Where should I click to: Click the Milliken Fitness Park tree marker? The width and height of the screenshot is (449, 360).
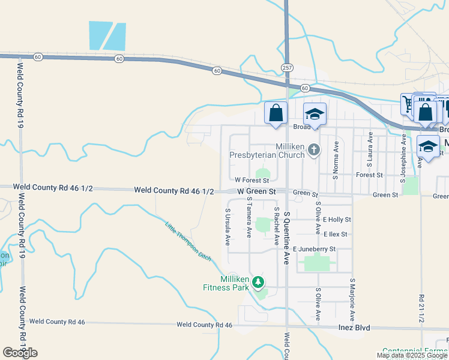click(258, 281)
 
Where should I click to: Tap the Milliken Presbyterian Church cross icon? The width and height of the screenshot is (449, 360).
click(313, 150)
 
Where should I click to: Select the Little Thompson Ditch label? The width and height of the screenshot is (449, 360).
click(188, 241)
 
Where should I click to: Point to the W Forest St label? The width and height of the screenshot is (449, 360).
click(252, 179)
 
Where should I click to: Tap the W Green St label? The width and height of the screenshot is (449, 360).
click(256, 191)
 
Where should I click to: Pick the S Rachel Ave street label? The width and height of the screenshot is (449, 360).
click(277, 226)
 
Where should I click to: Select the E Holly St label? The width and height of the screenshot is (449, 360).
click(336, 220)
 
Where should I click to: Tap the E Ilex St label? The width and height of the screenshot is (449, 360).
click(335, 234)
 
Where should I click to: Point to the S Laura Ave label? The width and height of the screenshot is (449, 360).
click(370, 151)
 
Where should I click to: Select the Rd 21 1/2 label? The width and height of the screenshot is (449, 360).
click(421, 309)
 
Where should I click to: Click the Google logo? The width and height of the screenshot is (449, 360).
click(20, 353)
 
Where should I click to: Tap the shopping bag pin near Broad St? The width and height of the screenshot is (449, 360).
click(276, 113)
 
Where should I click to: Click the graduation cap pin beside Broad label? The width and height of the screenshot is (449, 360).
click(315, 113)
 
